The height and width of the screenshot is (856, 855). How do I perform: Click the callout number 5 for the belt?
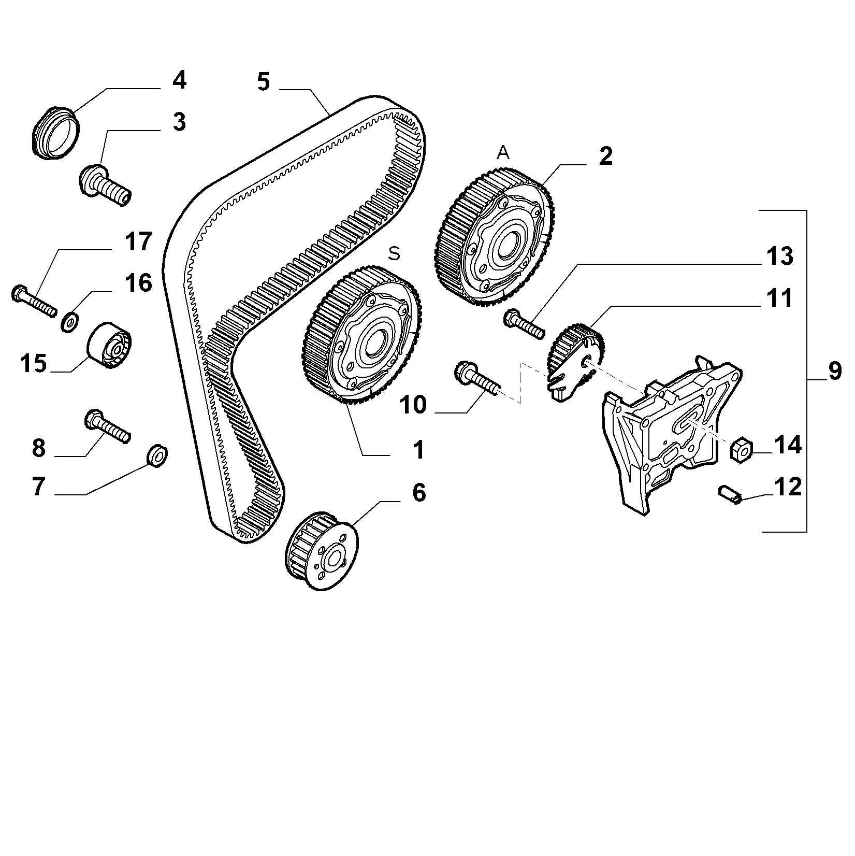coord(264,82)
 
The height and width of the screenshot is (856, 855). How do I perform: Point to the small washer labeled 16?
coord(70,321)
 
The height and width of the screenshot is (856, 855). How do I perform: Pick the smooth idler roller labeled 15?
coord(108,345)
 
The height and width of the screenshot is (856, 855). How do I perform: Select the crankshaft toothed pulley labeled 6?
coord(321,550)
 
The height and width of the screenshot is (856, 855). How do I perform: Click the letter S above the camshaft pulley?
coord(395,253)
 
